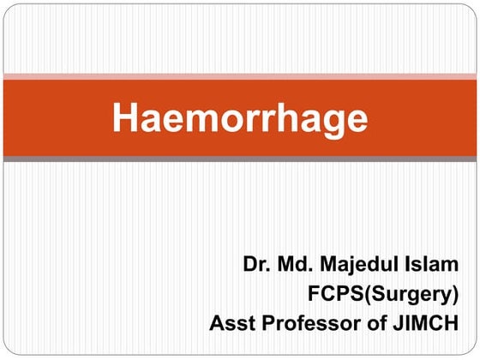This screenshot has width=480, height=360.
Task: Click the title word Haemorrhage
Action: click(x=240, y=118)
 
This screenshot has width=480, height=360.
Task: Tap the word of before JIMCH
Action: click(x=378, y=324)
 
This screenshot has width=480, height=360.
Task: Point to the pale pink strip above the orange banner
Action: click(x=240, y=77)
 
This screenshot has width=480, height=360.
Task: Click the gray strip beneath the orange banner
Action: click(x=240, y=159)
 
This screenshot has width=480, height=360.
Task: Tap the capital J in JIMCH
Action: click(x=400, y=324)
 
